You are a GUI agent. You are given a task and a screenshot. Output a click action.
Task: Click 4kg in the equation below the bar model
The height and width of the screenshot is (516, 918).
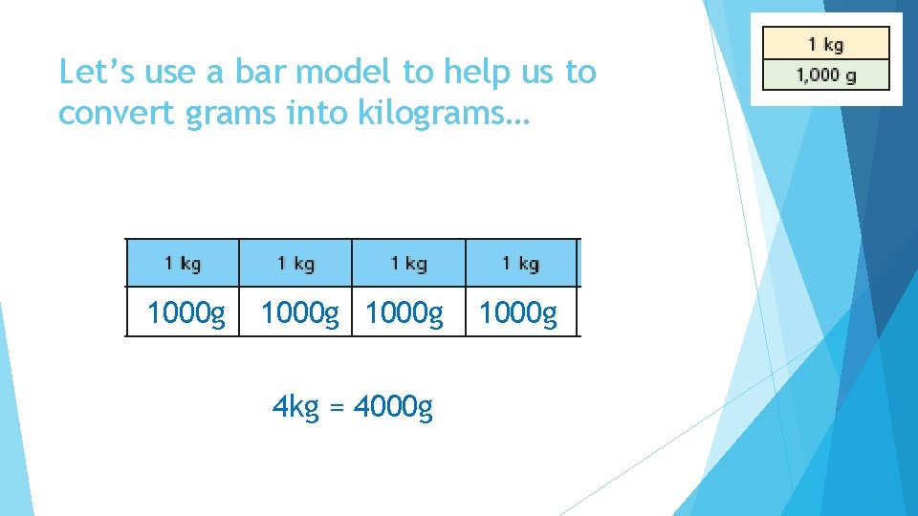coord(295,409)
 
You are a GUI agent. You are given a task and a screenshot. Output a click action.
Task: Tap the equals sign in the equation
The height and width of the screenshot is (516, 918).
coord(335,409)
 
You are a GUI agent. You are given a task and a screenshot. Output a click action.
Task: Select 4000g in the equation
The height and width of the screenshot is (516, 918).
coord(393,409)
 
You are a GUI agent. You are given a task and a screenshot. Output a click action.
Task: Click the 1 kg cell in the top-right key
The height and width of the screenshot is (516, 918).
coord(825,44)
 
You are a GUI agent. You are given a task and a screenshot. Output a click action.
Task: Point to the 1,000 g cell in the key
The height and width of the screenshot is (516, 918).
coord(825,75)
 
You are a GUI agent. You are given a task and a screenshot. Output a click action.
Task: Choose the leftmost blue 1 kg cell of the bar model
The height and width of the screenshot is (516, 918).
coord(183,263)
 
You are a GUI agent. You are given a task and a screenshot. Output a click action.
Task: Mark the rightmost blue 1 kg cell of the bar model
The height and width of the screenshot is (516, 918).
coord(521,263)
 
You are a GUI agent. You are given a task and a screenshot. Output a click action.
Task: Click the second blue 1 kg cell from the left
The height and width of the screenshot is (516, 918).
coord(295,263)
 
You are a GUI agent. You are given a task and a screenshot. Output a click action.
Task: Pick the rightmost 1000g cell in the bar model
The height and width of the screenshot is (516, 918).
coord(517,313)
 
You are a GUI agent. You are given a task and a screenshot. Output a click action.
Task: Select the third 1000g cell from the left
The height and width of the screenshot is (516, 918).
coord(404,313)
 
